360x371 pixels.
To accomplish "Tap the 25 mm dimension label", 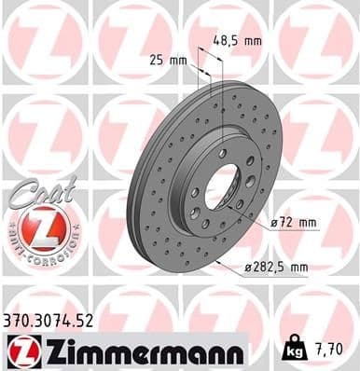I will (169, 60).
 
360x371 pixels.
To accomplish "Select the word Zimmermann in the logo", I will (140, 350).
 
